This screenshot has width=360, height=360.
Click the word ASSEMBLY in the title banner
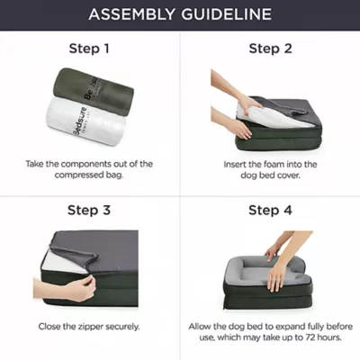pos(131,14)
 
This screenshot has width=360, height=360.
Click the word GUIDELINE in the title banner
pos(226,14)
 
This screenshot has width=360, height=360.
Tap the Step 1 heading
pos(89,49)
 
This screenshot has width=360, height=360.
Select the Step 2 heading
pos(270,49)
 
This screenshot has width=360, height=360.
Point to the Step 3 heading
pos(89,210)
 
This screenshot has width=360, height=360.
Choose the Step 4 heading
pos(270,210)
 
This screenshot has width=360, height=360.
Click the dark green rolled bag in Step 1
pos(94,91)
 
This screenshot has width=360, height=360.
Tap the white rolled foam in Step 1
pos(85,121)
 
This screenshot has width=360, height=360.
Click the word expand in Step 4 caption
pos(290,327)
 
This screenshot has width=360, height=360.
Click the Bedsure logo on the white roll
pos(80,121)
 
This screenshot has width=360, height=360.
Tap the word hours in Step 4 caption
pos(329,337)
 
